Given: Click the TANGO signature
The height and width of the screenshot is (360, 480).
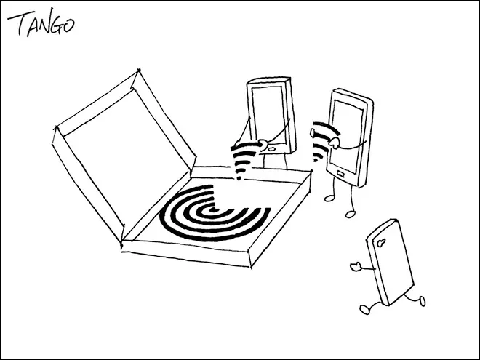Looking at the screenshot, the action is tap(41, 23).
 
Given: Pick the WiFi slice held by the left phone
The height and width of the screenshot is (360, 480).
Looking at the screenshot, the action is tap(245, 161).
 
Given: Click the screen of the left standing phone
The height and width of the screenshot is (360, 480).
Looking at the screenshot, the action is tap(268, 114).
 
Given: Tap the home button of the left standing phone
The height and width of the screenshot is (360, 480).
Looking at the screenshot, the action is tap(272, 149).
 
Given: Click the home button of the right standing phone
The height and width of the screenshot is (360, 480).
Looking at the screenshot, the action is tap(340, 175).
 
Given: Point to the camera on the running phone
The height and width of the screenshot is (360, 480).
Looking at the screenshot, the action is tap(380, 243).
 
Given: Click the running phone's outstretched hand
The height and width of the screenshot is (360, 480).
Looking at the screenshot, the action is tap(355, 266).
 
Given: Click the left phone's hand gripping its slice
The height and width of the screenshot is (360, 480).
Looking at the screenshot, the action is tap(263, 144).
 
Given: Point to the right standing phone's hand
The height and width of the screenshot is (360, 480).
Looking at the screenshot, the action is tap(335, 143).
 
